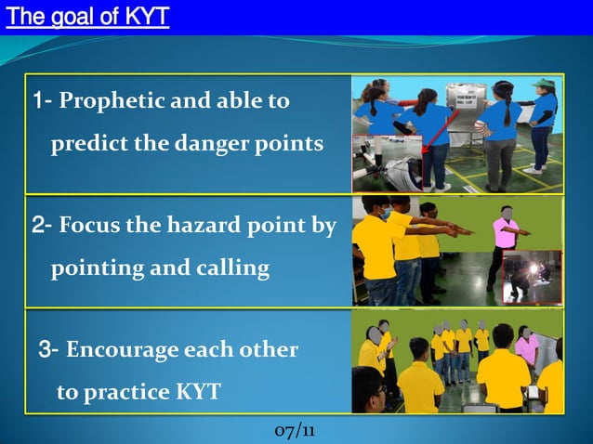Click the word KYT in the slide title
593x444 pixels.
click(x=146, y=17)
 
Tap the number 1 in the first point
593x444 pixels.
click(x=38, y=100)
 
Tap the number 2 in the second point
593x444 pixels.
click(x=38, y=224)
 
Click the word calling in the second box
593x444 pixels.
click(x=232, y=268)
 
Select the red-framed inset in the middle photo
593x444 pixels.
click(x=532, y=277)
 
